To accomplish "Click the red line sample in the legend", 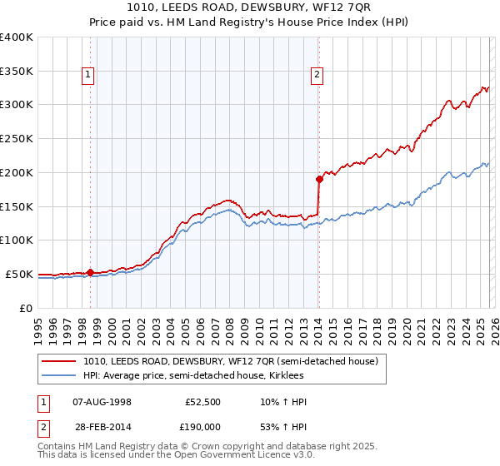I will pos(59,362).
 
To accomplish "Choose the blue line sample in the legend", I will pos(59,376).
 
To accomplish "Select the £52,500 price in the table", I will pos(202,402).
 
